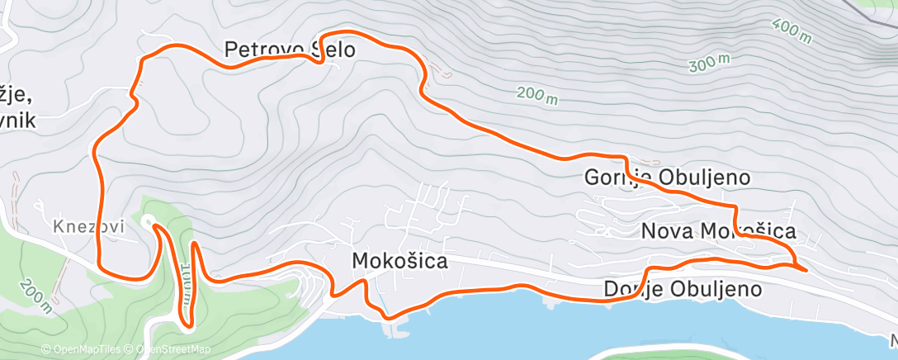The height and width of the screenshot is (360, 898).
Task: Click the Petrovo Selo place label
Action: click(x=290, y=50)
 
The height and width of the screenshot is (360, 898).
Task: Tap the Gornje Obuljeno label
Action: click(x=667, y=178)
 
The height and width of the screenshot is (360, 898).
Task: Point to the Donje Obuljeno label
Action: click(x=682, y=289)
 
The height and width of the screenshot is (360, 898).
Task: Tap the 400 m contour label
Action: click(x=793, y=31)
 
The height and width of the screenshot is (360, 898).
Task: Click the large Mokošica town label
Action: click(x=399, y=262)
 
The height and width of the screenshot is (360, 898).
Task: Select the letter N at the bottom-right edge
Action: click(x=893, y=339)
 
